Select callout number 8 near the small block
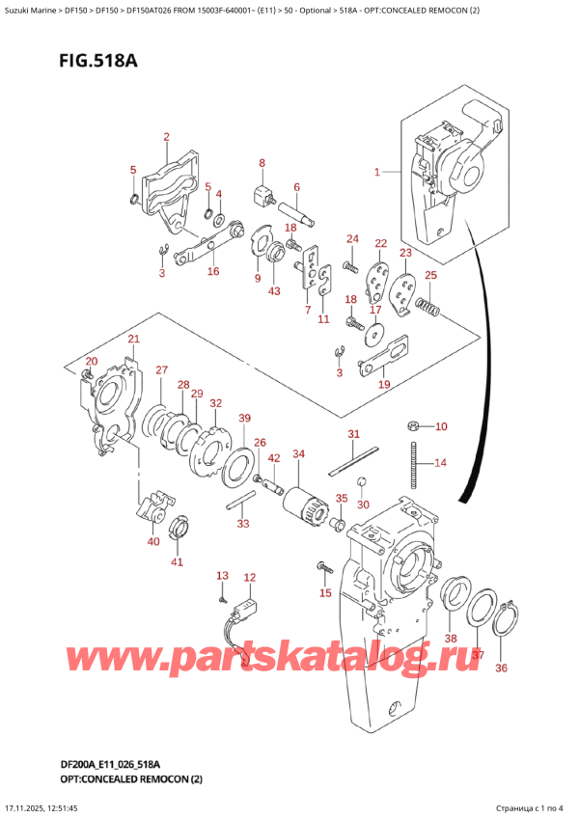pyautogui.click(x=262, y=163)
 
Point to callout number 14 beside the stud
pyautogui.click(x=440, y=463)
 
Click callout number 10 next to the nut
pyautogui.click(x=441, y=426)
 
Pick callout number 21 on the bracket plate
pyautogui.click(x=133, y=339)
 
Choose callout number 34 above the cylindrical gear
pyautogui.click(x=298, y=453)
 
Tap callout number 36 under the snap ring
pyautogui.click(x=499, y=668)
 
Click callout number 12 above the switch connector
pyautogui.click(x=250, y=578)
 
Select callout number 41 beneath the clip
pyautogui.click(x=176, y=561)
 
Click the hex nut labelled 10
pyautogui.click(x=412, y=425)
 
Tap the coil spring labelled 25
pyautogui.click(x=427, y=309)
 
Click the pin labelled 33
pyautogui.click(x=240, y=500)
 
